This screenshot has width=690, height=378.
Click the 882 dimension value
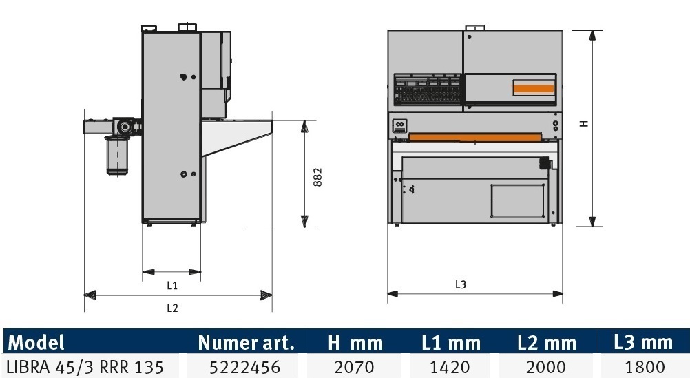pyautogui.click(x=317, y=177)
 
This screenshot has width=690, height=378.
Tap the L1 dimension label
pyautogui.click(x=172, y=286)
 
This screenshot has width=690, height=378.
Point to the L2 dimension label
pyautogui.click(x=172, y=308)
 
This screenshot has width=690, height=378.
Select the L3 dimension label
pyautogui.click(x=460, y=285)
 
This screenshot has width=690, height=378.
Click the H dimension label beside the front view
pyautogui.click(x=584, y=124)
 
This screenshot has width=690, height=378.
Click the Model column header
pyautogui.click(x=36, y=342)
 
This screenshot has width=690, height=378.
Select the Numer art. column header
pyautogui.click(x=246, y=342)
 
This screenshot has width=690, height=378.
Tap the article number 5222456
pyautogui.click(x=244, y=366)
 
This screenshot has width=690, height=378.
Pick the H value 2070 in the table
pyautogui.click(x=354, y=366)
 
